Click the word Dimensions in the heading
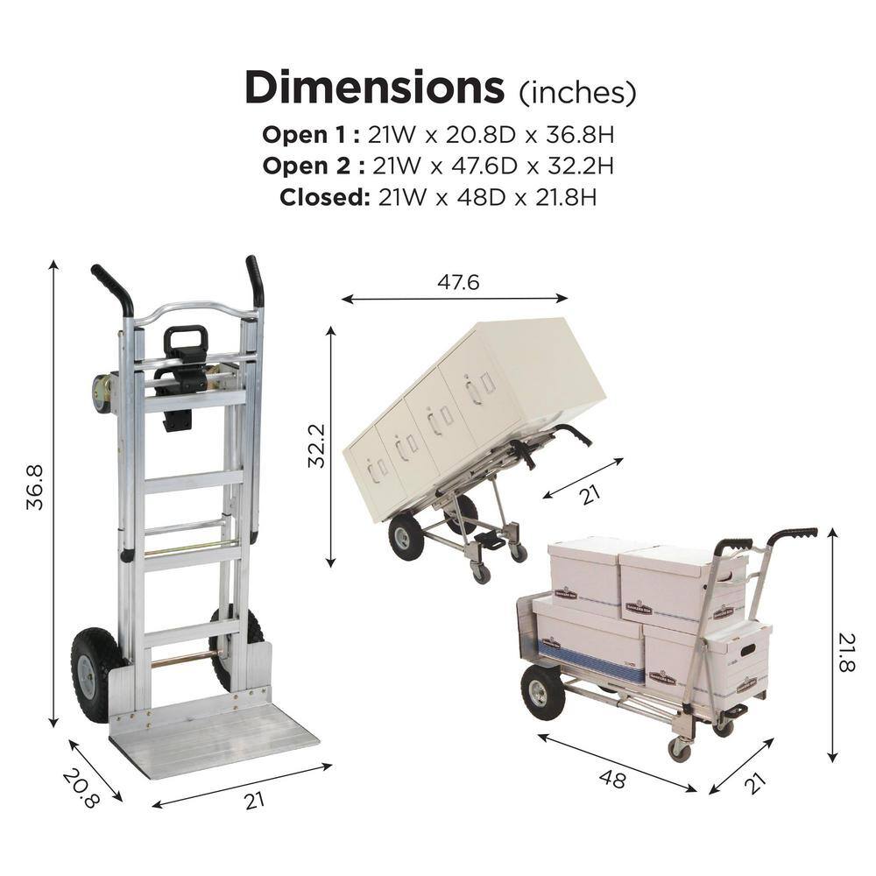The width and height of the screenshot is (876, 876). pos(374,88)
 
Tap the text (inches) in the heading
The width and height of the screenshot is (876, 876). pos(577,91)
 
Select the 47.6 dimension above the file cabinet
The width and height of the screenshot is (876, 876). pos(457,283)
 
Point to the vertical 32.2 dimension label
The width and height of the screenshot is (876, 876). pos(316,446)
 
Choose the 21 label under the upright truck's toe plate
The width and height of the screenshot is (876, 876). pos(254,799)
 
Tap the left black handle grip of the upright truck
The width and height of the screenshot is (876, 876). pos(113,289)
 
